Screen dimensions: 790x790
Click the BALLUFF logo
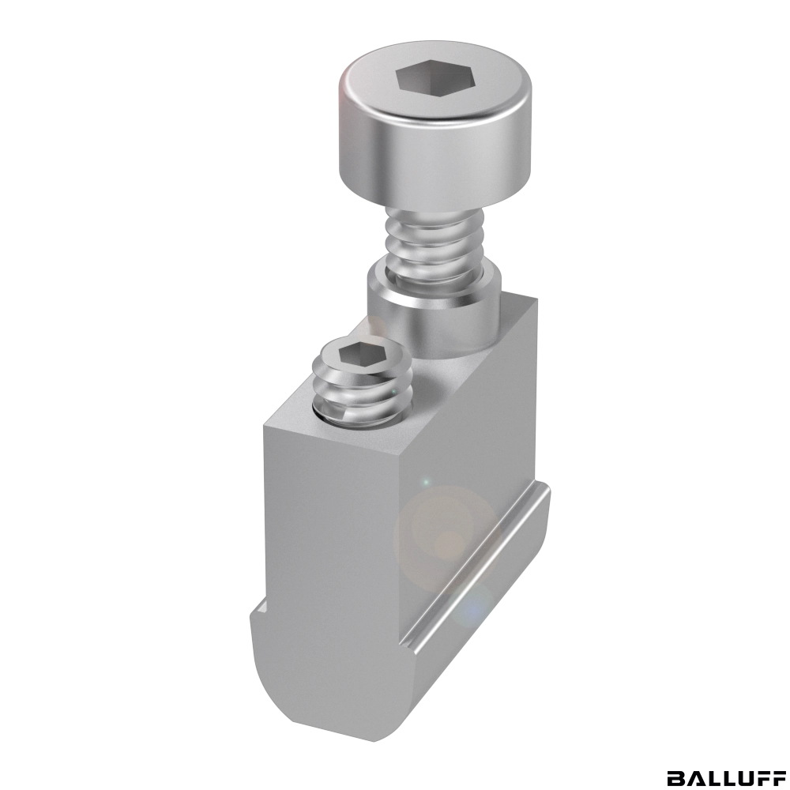[x=725, y=777]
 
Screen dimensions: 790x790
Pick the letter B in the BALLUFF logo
[x=675, y=777]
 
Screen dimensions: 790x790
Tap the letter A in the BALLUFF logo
[x=694, y=777]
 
